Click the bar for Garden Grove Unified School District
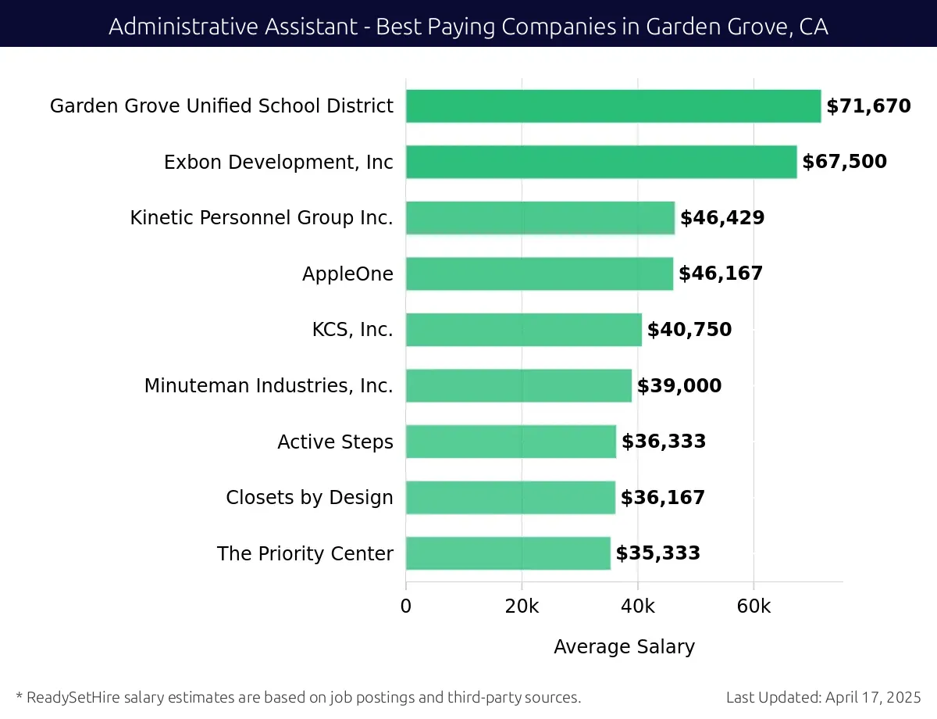pyautogui.click(x=613, y=106)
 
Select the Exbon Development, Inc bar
pyautogui.click(x=601, y=162)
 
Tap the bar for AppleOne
pyautogui.click(x=539, y=274)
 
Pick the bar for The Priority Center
pyautogui.click(x=508, y=553)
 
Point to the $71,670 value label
pyautogui.click(x=868, y=106)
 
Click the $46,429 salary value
pyautogui.click(x=722, y=218)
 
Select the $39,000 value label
pyautogui.click(x=679, y=386)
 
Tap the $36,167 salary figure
pyautogui.click(x=663, y=498)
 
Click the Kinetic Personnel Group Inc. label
pyautogui.click(x=262, y=218)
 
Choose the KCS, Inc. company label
pyautogui.click(x=352, y=330)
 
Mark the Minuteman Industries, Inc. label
pyautogui.click(x=269, y=386)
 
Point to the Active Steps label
pyautogui.click(x=335, y=442)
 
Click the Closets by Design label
pyautogui.click(x=309, y=498)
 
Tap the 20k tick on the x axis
pyautogui.click(x=522, y=607)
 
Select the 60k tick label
pyautogui.click(x=754, y=607)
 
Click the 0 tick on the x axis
pyautogui.click(x=406, y=607)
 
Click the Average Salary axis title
pyautogui.click(x=624, y=647)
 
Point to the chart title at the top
pyautogui.click(x=468, y=27)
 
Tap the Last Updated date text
pyautogui.click(x=823, y=697)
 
